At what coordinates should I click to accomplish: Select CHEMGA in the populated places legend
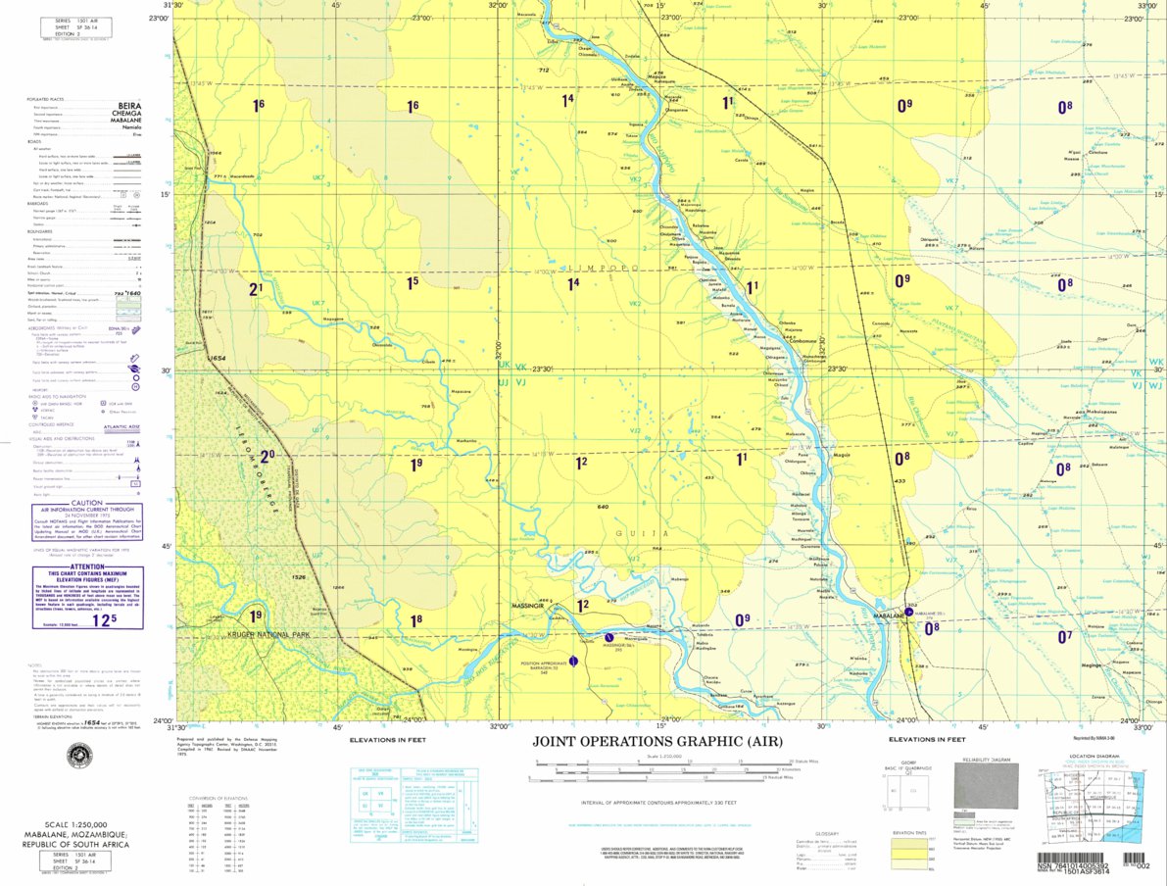coord(127,113)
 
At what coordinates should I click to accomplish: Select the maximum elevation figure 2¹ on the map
coord(257,288)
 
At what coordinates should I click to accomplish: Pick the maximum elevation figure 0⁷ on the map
coord(1065,636)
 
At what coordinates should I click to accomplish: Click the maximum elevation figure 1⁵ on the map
coord(413,283)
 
